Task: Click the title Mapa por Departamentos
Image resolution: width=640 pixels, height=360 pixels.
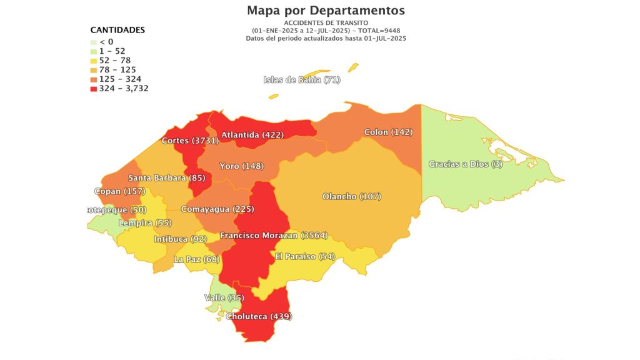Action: (326, 11)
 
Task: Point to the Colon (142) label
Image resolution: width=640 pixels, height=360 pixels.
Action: (388, 132)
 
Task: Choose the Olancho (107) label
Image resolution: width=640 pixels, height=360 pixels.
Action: (351, 196)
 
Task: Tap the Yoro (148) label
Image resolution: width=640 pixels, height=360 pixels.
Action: (241, 166)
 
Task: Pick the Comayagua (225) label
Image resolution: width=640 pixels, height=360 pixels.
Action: (217, 209)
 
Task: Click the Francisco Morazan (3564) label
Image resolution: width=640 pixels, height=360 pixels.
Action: (274, 236)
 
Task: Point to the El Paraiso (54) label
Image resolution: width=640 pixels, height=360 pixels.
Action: (305, 257)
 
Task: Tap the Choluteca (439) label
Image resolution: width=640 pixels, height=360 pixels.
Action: (258, 316)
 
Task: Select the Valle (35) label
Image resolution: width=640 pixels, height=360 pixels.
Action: (224, 297)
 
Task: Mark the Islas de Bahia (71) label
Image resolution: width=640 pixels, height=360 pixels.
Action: (302, 79)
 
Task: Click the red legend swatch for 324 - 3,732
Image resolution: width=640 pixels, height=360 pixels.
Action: (94, 89)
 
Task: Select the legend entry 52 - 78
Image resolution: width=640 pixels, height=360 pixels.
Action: (114, 61)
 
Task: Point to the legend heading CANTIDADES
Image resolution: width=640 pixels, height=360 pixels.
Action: (117, 30)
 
